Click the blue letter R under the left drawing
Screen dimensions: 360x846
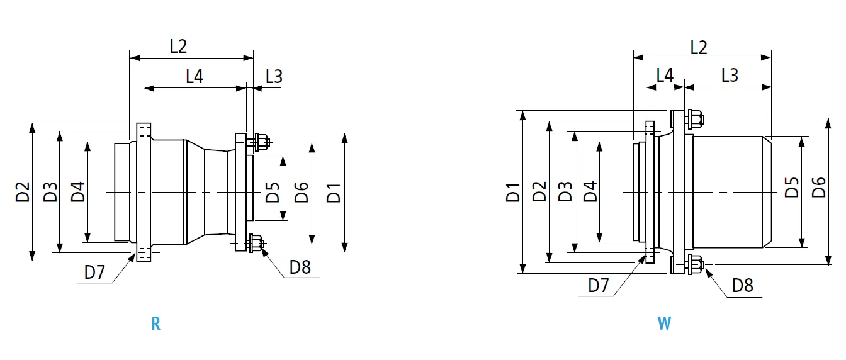pyautogui.click(x=155, y=324)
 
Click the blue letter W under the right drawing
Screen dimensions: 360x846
pyautogui.click(x=664, y=324)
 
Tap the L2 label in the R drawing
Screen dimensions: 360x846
pyautogui.click(x=179, y=46)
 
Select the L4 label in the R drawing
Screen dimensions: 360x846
pyautogui.click(x=195, y=77)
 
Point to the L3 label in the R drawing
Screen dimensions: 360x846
pyautogui.click(x=274, y=77)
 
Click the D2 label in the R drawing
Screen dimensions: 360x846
pyautogui.click(x=23, y=192)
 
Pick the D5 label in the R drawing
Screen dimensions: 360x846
pyautogui.click(x=272, y=192)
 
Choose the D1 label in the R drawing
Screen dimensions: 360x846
pyautogui.click(x=334, y=192)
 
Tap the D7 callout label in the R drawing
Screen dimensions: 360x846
pyautogui.click(x=95, y=273)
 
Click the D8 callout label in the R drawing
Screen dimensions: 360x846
pyautogui.click(x=300, y=267)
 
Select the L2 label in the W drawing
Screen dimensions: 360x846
pyautogui.click(x=698, y=47)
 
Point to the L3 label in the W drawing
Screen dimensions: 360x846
pyautogui.click(x=729, y=75)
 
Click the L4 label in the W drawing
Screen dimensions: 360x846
pyautogui.click(x=665, y=75)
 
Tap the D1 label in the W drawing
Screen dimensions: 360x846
pyautogui.click(x=513, y=192)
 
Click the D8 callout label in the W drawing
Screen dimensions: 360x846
pyautogui.click(x=743, y=286)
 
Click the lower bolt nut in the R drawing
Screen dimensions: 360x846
pyautogui.click(x=257, y=243)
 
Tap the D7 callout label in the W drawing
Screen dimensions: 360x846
pyautogui.click(x=599, y=285)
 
